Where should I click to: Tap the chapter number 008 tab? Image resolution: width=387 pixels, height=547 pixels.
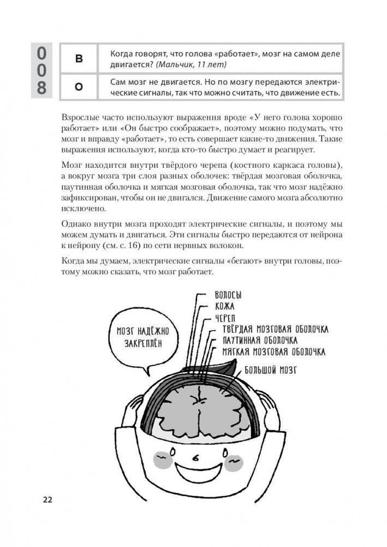tap(41, 70)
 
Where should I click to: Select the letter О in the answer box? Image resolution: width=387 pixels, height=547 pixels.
tap(78, 88)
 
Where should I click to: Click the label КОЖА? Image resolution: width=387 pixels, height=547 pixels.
tap(221, 307)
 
